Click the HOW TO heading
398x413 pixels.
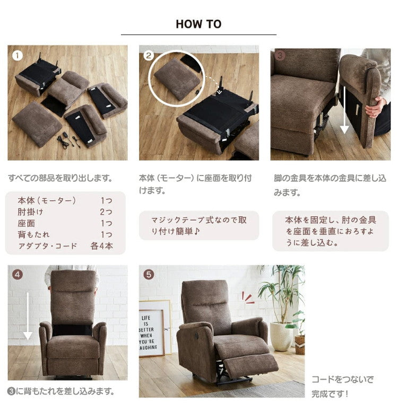coord(198,24)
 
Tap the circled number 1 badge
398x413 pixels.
coord(18,56)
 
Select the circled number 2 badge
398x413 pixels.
coord(149,55)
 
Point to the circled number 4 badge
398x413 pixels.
coord(18,275)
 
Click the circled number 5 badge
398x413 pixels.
coord(149,275)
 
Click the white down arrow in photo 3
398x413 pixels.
coord(344,110)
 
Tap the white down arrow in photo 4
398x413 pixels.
coord(28,316)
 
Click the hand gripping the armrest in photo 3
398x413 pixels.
coord(377,107)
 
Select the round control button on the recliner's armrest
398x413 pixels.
coord(197,336)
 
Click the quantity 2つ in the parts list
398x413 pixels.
coord(106,212)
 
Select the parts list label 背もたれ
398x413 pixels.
coord(33,234)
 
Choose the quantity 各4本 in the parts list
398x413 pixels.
coord(101,246)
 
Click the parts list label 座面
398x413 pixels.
coord(27,223)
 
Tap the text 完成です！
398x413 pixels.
coord(330,394)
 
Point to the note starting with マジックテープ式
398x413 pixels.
coord(199,225)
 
